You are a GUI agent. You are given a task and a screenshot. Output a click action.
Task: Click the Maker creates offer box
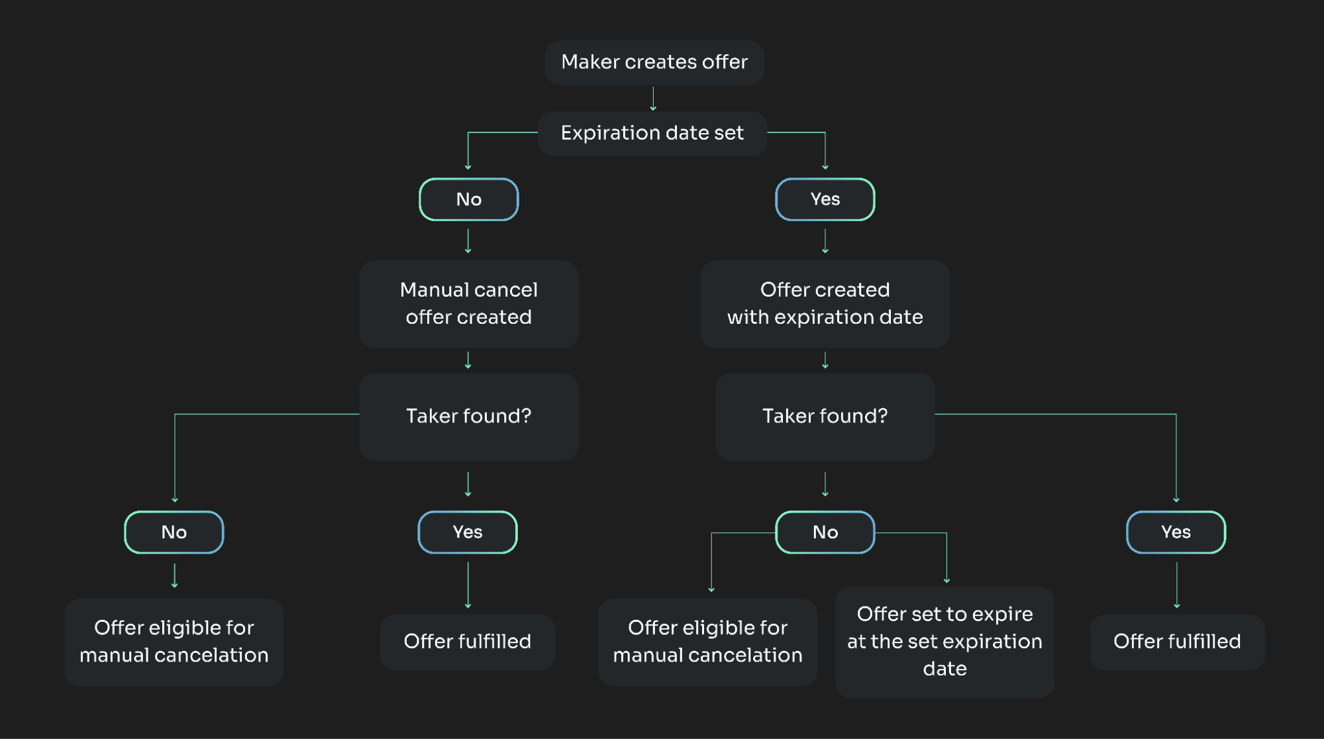(x=654, y=62)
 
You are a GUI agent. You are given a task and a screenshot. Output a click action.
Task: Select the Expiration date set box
(x=652, y=133)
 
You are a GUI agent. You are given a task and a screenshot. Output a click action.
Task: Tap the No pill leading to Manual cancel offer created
(x=469, y=199)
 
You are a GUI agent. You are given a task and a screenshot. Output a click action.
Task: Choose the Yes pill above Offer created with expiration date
(x=825, y=199)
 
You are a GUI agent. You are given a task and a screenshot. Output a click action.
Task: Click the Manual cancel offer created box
(x=469, y=304)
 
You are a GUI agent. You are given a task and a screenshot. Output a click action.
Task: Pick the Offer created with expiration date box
(x=825, y=304)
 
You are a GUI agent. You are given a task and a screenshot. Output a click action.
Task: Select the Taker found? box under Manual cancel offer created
(x=469, y=417)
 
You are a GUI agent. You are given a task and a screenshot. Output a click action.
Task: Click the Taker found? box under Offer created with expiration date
(x=825, y=417)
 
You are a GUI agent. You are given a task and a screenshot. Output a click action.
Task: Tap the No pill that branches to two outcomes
(x=825, y=532)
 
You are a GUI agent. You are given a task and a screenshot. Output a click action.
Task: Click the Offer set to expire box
(x=944, y=642)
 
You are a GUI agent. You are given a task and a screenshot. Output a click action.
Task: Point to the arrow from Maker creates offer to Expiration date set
(x=653, y=98)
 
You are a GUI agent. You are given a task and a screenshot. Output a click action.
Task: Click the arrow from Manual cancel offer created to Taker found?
(x=468, y=360)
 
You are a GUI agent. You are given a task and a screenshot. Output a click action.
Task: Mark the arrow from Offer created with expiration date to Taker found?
(x=825, y=360)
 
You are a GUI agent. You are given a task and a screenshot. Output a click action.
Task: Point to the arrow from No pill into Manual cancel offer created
(x=468, y=241)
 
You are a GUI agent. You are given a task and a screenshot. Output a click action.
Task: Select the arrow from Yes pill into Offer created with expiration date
(x=825, y=241)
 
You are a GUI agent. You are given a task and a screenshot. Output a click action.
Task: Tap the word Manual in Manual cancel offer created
(x=434, y=290)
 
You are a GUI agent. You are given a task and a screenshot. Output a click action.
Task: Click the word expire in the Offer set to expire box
(x=1000, y=615)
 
